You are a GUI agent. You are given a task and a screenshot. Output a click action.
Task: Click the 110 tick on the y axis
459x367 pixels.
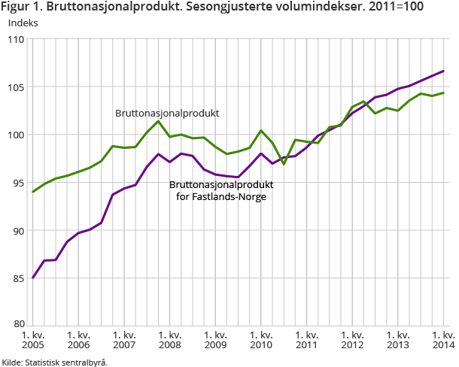pos(16,39)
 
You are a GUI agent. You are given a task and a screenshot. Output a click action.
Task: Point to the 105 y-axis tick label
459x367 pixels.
pos(16,87)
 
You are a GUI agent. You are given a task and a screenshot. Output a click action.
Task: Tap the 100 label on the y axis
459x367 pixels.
pos(16,135)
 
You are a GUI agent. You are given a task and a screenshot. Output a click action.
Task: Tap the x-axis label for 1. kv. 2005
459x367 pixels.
pos(32,340)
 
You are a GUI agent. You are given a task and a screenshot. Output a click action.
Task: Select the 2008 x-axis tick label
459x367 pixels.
pos(169,340)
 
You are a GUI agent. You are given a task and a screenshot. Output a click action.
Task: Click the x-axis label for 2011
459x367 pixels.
pos(306,340)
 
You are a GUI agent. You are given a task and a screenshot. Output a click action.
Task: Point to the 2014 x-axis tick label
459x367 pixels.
pos(443,340)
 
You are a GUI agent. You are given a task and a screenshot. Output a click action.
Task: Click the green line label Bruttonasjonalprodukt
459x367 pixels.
pos(167,114)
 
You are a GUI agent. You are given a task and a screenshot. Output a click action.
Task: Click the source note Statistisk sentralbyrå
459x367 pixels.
pos(65,362)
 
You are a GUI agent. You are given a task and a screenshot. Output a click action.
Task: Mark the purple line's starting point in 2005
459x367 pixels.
pos(33,278)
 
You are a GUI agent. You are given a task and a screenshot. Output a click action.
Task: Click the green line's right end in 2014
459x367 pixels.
pos(443,93)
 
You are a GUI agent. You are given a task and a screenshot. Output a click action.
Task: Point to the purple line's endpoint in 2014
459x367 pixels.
pos(443,71)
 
